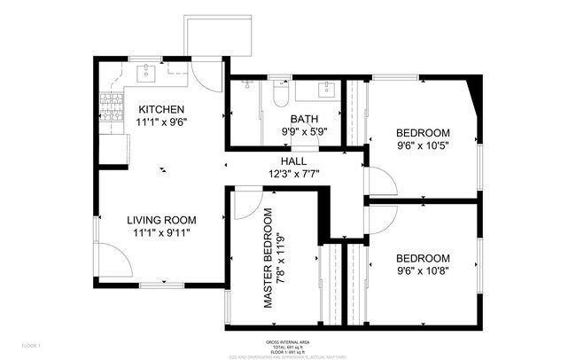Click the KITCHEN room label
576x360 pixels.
coord(161,109)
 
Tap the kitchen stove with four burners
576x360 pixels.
coord(113,108)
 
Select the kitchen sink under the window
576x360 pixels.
coord(148,74)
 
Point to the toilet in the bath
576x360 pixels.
coord(281,91)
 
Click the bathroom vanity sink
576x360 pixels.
coord(325,89)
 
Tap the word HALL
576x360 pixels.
coord(293,160)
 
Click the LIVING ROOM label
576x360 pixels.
coord(160,220)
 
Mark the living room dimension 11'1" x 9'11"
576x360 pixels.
coord(160,232)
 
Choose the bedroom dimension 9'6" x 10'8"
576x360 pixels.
coord(423,270)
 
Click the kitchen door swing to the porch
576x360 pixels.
coord(206,75)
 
